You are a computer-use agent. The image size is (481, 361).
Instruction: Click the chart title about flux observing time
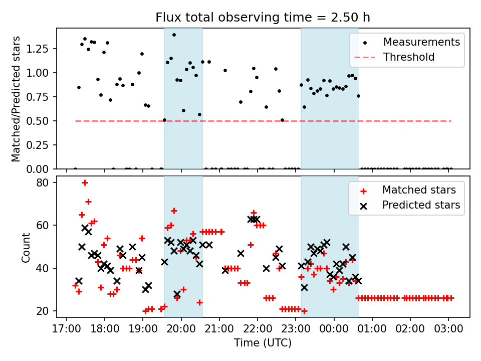click(263, 18)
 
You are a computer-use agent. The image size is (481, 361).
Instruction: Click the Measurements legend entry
click(421, 42)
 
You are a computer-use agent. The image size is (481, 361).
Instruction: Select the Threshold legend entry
click(409, 57)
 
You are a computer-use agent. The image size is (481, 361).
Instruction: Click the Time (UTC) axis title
click(263, 343)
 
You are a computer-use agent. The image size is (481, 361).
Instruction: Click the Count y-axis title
click(26, 247)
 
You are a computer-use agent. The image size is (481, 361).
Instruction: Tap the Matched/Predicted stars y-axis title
click(16, 99)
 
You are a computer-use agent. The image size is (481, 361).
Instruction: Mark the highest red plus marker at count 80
click(85, 183)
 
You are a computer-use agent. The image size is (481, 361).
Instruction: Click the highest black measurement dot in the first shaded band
click(174, 35)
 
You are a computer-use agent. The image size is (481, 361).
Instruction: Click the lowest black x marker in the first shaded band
click(177, 294)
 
